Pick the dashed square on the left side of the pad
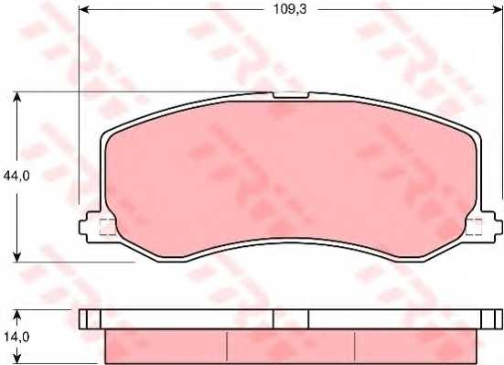coord(107,228)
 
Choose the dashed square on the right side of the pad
coord(474,228)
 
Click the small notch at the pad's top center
coord(291,94)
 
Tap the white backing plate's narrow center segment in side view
coord(291,319)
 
